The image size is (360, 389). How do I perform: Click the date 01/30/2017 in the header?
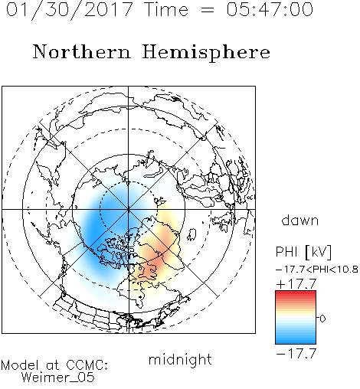tap(69, 10)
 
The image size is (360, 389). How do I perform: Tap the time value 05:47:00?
tap(270, 9)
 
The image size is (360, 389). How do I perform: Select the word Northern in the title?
tap(82, 51)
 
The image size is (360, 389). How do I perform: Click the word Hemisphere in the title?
tap(206, 53)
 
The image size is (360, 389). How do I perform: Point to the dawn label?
tap(300, 221)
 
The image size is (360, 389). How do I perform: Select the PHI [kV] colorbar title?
tap(303, 252)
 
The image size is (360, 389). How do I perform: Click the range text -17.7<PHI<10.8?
tap(317, 270)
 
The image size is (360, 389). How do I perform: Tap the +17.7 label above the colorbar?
tap(296, 284)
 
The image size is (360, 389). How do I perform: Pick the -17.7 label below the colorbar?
tap(296, 354)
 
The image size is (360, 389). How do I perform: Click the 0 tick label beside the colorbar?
tap(322, 319)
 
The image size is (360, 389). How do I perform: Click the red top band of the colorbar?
tap(296, 294)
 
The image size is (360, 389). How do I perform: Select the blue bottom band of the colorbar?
tap(296, 340)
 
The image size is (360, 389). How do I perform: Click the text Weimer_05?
tap(58, 378)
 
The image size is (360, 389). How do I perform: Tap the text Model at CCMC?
tap(54, 365)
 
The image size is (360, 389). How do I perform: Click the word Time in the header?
tap(166, 9)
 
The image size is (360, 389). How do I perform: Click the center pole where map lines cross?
tap(129, 209)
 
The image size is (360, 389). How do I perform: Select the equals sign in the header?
tap(208, 10)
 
